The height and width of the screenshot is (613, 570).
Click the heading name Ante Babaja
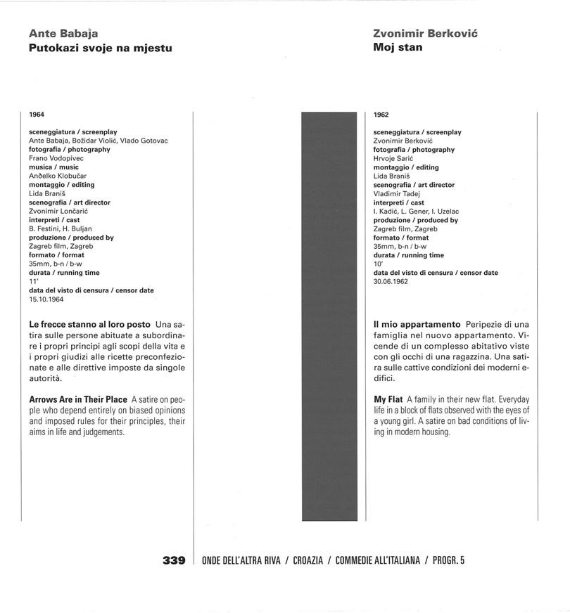tap(64, 33)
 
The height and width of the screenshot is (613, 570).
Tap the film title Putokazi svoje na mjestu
tap(101, 48)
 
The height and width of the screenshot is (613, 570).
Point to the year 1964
tap(37, 114)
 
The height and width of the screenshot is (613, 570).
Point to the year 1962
tap(381, 115)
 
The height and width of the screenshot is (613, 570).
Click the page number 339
tap(174, 560)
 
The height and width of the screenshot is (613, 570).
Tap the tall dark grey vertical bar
tap(333, 316)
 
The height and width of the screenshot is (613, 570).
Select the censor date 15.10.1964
tap(46, 299)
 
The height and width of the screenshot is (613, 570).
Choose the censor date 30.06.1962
tap(391, 281)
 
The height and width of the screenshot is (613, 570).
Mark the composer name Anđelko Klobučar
tap(58, 176)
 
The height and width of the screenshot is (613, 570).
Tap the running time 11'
tap(32, 281)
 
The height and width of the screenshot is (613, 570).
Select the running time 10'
tap(377, 264)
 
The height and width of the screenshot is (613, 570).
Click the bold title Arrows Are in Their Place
tap(78, 399)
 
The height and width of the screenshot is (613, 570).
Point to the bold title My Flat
tap(388, 399)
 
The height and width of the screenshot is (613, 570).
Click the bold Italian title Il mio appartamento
tap(417, 324)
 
